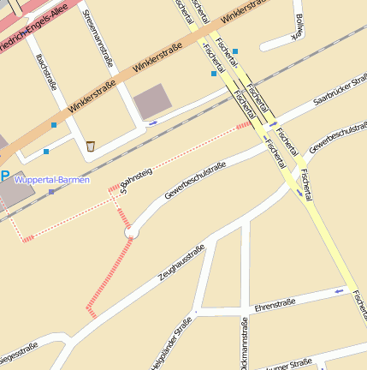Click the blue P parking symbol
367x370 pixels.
[x=5, y=177]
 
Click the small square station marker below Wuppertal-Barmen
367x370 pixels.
[x=51, y=192]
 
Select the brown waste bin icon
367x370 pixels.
[x=91, y=146]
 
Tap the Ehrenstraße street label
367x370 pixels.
[x=275, y=303]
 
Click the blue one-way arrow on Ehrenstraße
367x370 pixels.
[x=340, y=291]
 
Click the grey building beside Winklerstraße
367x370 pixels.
[x=153, y=101]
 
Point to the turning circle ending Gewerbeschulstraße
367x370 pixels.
[x=131, y=230]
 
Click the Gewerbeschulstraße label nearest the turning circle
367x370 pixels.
[x=195, y=181]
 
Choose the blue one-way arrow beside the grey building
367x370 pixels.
[x=153, y=123]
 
